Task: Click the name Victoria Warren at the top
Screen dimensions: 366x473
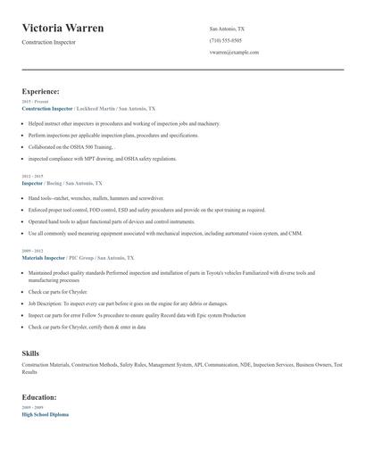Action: tap(62, 28)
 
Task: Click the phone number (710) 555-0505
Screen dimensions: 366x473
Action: tap(225, 40)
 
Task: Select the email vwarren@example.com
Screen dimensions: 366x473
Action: tap(234, 52)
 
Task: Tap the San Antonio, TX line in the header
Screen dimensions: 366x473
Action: tap(227, 29)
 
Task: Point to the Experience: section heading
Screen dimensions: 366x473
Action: tap(41, 91)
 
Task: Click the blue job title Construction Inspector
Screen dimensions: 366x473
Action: tap(47, 107)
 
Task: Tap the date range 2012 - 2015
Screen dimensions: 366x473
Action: tap(31, 177)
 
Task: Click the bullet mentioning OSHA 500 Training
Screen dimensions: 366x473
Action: tap(71, 146)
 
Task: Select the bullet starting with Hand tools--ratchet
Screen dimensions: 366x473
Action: tap(96, 198)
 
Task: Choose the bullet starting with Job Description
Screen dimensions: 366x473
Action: tap(128, 303)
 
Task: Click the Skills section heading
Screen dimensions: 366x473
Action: tap(30, 353)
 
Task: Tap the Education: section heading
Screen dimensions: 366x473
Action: tap(39, 396)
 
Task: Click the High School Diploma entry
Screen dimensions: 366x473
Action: tap(45, 414)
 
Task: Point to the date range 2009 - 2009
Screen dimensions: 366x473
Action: tap(31, 408)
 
